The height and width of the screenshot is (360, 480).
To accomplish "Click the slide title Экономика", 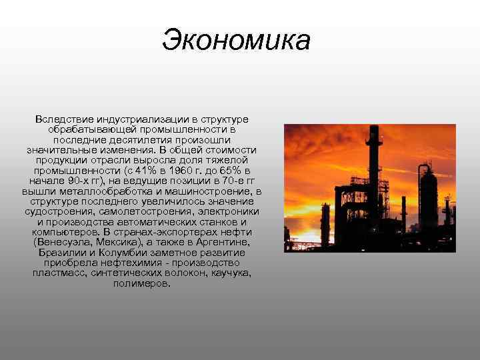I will (236, 39).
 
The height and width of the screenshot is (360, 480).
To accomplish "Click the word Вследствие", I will (62, 119).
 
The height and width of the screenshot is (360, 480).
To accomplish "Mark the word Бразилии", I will (61, 253).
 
